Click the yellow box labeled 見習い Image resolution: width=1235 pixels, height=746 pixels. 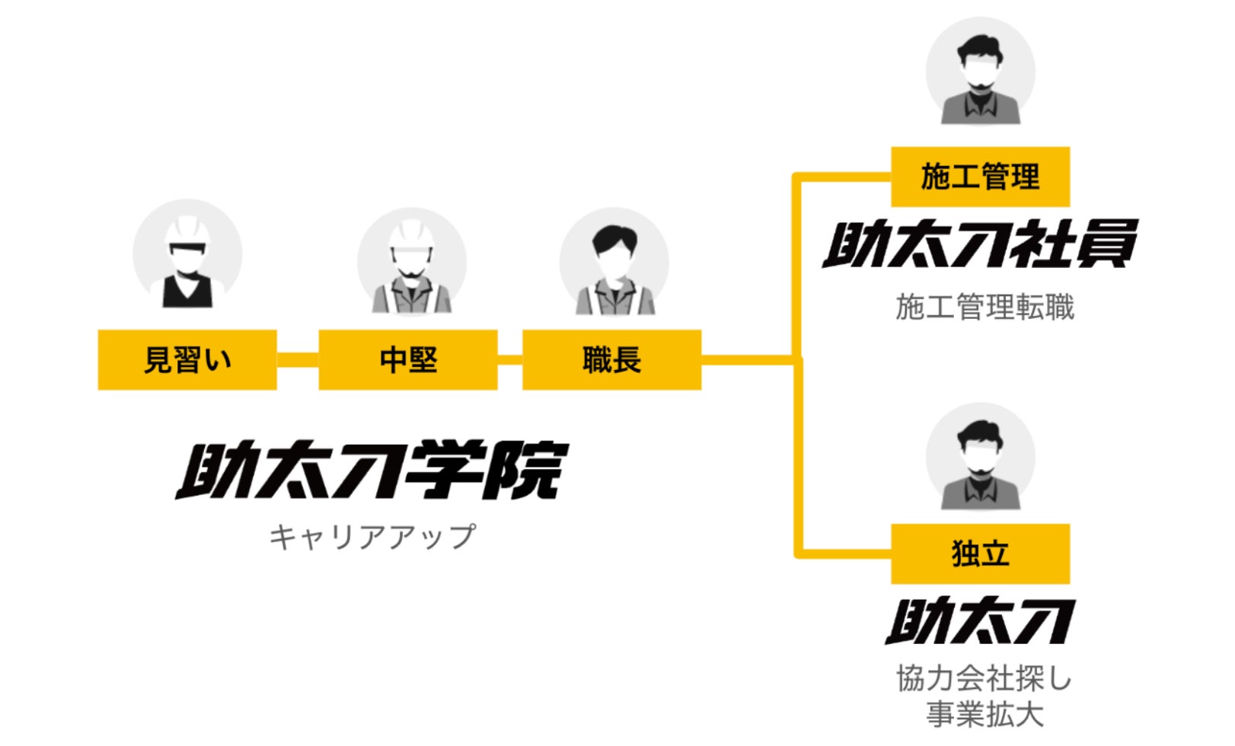click(187, 359)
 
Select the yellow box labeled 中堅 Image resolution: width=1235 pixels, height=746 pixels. click(408, 359)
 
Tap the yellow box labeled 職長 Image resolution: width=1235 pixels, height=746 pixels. click(611, 359)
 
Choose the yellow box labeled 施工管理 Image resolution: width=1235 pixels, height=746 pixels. click(980, 177)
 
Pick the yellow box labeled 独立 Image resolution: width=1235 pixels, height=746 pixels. click(980, 553)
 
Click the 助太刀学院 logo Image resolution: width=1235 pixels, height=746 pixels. click(372, 470)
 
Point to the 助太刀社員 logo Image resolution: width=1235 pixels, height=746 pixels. click(980, 244)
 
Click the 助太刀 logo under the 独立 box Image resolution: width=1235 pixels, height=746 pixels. click(980, 620)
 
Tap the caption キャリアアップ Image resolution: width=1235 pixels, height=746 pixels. click(372, 537)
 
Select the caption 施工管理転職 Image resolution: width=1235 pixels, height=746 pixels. click(984, 308)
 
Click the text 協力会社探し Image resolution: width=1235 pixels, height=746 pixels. click(984, 677)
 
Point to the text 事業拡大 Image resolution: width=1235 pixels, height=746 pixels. click(984, 714)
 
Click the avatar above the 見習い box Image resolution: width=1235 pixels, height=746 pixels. click(187, 255)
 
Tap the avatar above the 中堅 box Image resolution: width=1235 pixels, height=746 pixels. click(411, 263)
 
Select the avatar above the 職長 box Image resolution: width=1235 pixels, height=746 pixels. click(614, 263)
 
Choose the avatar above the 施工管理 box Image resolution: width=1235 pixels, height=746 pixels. click(980, 72)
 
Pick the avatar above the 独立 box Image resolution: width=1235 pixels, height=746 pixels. click(980, 457)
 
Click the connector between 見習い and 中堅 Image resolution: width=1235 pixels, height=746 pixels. click(297, 359)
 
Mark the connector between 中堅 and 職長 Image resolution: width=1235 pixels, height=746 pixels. click(509, 359)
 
